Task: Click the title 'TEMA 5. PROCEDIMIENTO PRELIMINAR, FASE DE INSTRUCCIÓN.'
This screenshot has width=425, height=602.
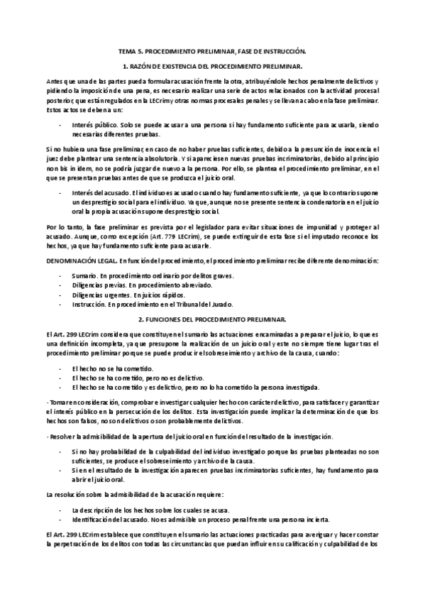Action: click(212, 52)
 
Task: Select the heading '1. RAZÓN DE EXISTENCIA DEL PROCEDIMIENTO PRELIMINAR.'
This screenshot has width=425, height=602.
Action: click(212, 66)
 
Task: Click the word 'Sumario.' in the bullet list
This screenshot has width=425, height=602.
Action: click(85, 275)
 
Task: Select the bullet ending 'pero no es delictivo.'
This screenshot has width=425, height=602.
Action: click(138, 379)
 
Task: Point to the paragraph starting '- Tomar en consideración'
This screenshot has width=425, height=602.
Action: click(212, 412)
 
